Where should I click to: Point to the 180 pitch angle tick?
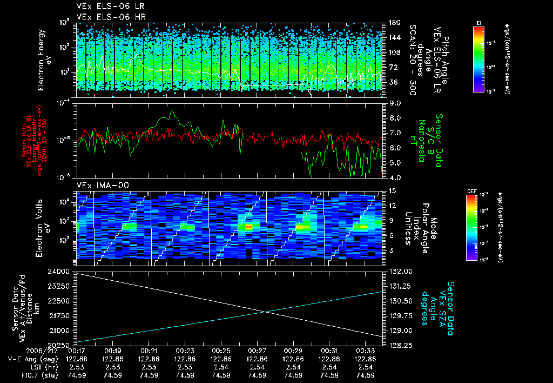point(393,22)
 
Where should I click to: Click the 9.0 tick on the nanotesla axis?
point(395,103)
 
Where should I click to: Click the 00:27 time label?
point(257,351)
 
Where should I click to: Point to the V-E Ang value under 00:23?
point(185,359)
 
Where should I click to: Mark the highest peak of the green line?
point(172,111)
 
